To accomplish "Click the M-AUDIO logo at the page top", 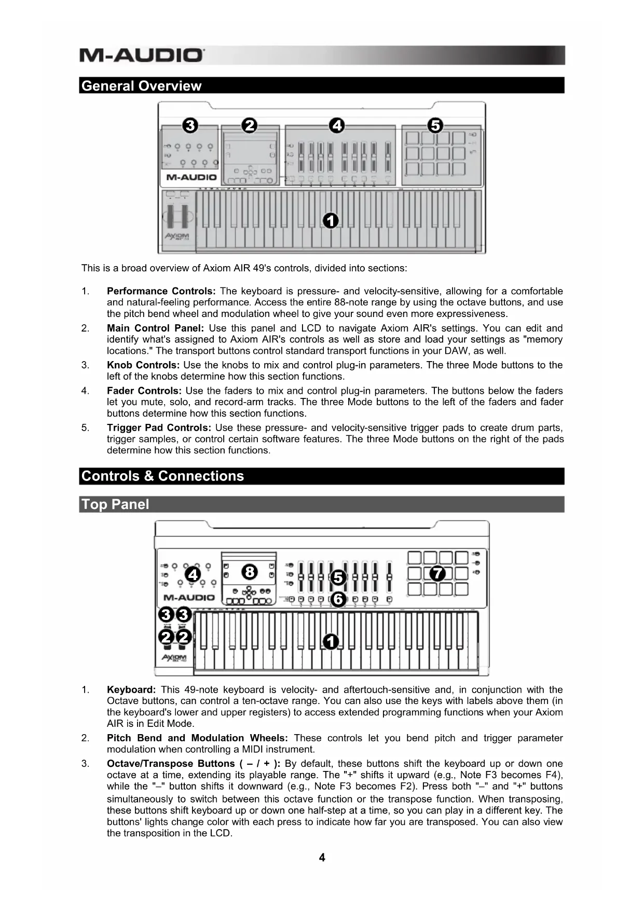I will tap(142, 55).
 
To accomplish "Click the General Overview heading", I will tap(141, 86).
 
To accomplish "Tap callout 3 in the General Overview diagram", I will tap(190, 126).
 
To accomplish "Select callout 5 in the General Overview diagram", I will tap(435, 126).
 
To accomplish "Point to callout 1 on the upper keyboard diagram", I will tap(331, 220).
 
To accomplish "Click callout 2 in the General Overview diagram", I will tap(250, 126).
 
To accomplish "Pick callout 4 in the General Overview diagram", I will tap(337, 126).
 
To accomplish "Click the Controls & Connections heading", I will tap(162, 476).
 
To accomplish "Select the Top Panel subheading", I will tap(115, 504).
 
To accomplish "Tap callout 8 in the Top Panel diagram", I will tap(250, 572).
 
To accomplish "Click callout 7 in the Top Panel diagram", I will tap(437, 573).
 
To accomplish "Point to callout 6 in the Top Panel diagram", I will tap(338, 599).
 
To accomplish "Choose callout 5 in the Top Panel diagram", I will tap(338, 577).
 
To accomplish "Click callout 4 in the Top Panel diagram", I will tap(193, 575).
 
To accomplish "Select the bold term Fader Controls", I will tap(144, 391).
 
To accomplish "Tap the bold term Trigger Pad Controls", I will tap(159, 428).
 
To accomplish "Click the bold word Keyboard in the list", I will tap(131, 690).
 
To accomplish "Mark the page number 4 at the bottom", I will tap(322, 858).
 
